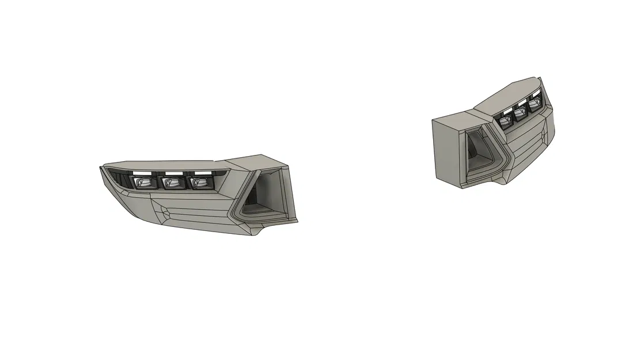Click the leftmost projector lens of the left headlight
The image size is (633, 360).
click(x=142, y=183)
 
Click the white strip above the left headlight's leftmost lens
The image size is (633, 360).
click(x=141, y=173)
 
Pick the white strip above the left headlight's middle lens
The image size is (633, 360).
click(x=172, y=173)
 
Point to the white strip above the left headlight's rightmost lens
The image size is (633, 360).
click(x=202, y=172)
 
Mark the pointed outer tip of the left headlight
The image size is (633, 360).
click(x=101, y=168)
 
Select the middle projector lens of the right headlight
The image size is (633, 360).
click(x=521, y=113)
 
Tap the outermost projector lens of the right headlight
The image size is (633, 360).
click(x=535, y=104)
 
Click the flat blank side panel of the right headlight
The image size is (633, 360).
click(x=448, y=150)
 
